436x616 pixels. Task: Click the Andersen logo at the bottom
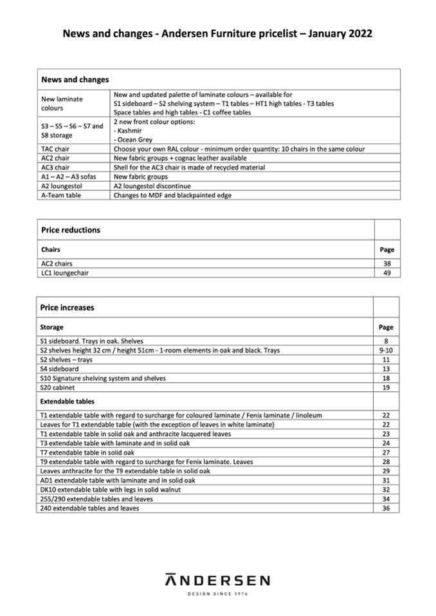(x=217, y=580)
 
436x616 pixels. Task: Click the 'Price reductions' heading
(x=71, y=230)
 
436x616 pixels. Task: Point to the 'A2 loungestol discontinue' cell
(x=151, y=186)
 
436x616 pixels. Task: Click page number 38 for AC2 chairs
(x=386, y=263)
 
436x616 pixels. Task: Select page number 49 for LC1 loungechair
(x=386, y=273)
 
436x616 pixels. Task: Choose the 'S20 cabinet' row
(x=57, y=388)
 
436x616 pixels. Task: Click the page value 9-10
(x=386, y=351)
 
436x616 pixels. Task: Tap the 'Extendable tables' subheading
(x=68, y=401)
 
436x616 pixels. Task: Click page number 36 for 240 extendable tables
(x=386, y=508)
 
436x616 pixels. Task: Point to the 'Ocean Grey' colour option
(x=134, y=139)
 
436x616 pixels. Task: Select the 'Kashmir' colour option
(x=130, y=130)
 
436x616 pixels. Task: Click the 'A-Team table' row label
(x=61, y=195)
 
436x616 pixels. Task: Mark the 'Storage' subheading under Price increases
(x=51, y=328)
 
